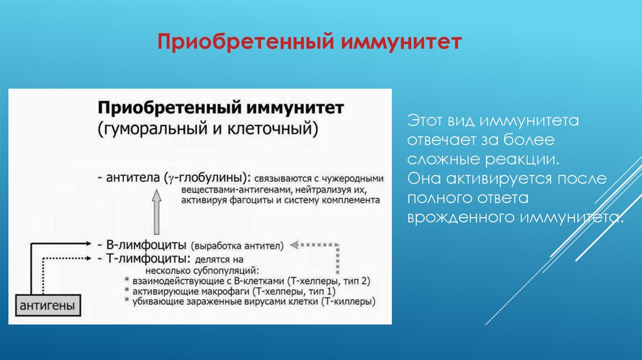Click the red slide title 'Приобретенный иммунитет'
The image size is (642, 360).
tap(310, 42)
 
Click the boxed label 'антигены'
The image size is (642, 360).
tap(48, 305)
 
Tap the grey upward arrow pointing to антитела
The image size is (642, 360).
tap(156, 212)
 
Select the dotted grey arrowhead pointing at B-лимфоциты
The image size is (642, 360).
tap(294, 245)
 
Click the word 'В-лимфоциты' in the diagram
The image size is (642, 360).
tap(146, 245)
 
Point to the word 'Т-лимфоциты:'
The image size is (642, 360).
tap(148, 258)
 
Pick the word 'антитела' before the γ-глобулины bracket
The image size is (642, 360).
tap(133, 177)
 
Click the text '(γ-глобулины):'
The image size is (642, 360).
tap(207, 177)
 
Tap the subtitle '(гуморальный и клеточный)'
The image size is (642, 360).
tap(208, 129)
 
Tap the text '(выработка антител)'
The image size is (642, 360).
tap(237, 246)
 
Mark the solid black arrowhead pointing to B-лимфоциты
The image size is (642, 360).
tap(88, 244)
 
